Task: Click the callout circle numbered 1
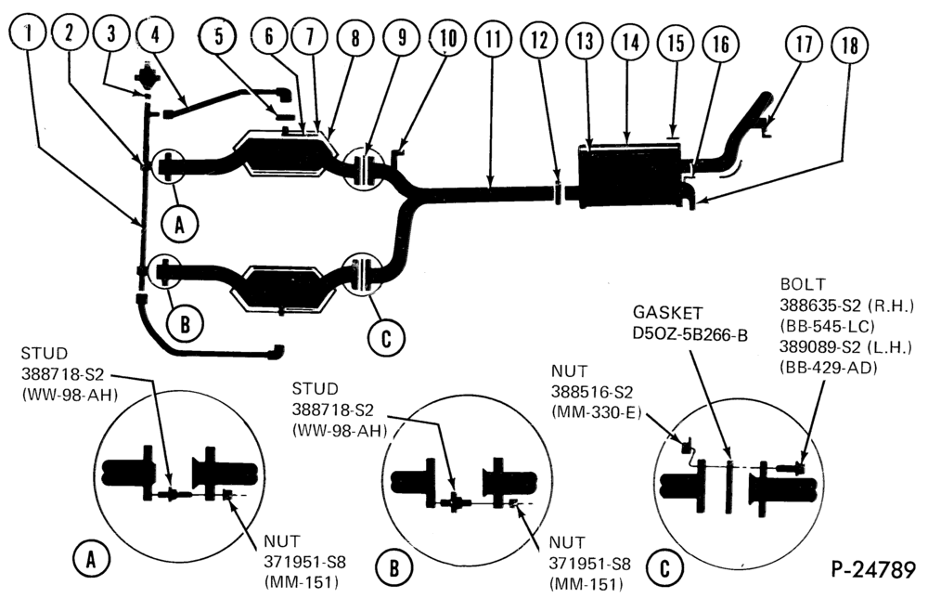27,32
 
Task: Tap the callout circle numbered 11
493,39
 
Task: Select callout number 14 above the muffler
630,42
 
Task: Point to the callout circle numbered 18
850,45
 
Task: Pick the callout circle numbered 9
402,38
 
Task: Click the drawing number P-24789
873,569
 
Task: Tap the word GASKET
668,313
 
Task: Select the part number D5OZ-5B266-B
690,334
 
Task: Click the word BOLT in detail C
803,284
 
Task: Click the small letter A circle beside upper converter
180,224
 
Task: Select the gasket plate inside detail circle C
729,487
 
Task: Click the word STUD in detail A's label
45,354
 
